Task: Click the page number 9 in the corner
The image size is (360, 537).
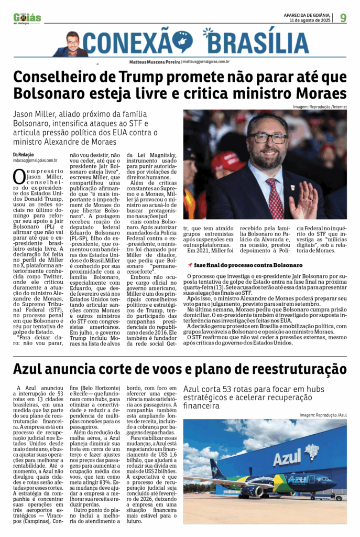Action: pos(343,18)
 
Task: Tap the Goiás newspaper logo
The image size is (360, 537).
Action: pos(27,18)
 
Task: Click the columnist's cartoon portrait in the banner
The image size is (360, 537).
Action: pos(72,44)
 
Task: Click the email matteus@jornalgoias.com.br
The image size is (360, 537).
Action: pos(205,61)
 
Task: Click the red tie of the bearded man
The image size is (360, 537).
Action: pos(275,199)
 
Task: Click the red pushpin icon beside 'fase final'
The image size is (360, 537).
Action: pos(190,265)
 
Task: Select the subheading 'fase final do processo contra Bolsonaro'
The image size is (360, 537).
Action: pos(248,265)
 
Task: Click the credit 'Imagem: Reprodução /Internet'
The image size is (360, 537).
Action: pos(319,107)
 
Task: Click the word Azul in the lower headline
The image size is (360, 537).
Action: pos(31,369)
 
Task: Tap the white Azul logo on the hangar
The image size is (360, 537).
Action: pos(287,457)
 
